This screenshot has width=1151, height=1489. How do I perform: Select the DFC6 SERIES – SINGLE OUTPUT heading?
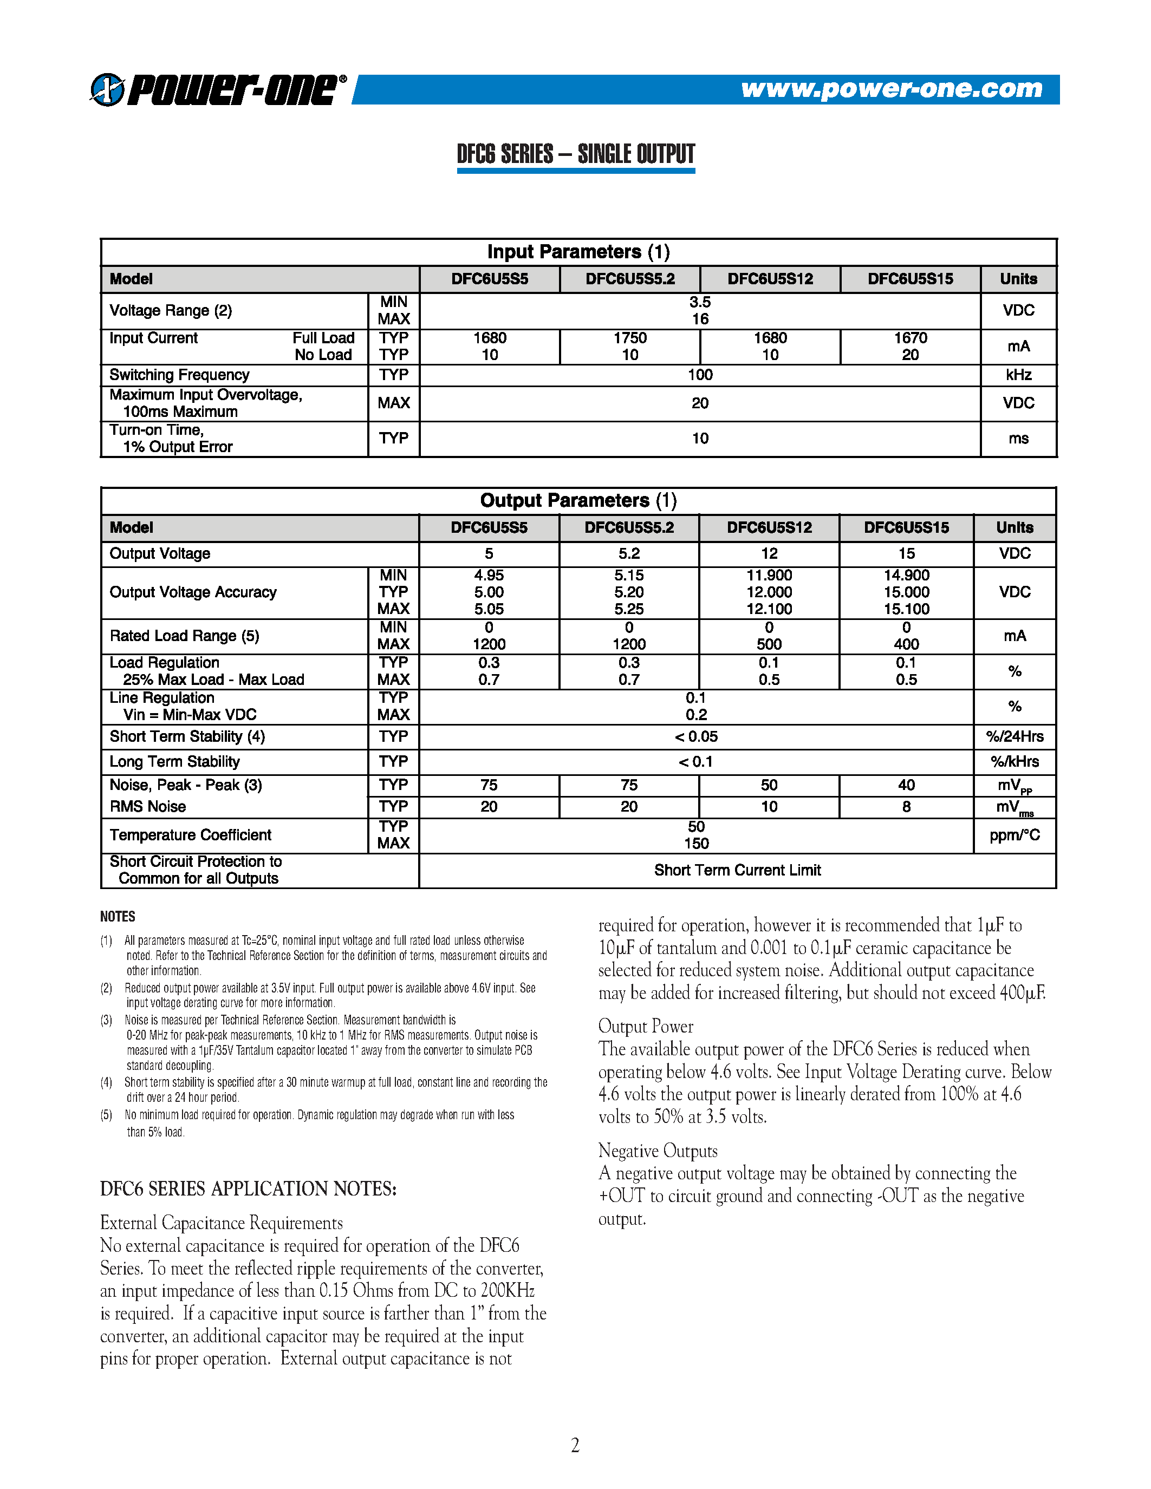coord(575,154)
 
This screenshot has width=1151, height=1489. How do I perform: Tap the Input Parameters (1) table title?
coord(578,252)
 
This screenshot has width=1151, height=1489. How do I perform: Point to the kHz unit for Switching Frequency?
coord(1018,375)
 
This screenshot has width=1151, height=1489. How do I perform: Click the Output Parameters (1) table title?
coord(578,500)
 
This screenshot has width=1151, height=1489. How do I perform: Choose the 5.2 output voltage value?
coord(629,553)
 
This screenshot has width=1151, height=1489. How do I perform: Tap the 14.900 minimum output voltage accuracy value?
coord(906,576)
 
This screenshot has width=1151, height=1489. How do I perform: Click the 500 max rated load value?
coord(769,644)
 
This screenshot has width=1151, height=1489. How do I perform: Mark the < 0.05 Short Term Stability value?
coord(696,736)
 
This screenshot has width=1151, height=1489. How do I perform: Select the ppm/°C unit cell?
coord(1014,835)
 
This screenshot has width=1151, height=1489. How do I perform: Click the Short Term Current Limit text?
coord(737,870)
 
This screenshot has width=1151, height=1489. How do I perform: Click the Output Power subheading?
coord(645,1026)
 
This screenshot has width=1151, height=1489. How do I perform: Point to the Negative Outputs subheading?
coord(658,1151)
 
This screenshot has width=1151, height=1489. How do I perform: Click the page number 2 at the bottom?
coord(575,1445)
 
